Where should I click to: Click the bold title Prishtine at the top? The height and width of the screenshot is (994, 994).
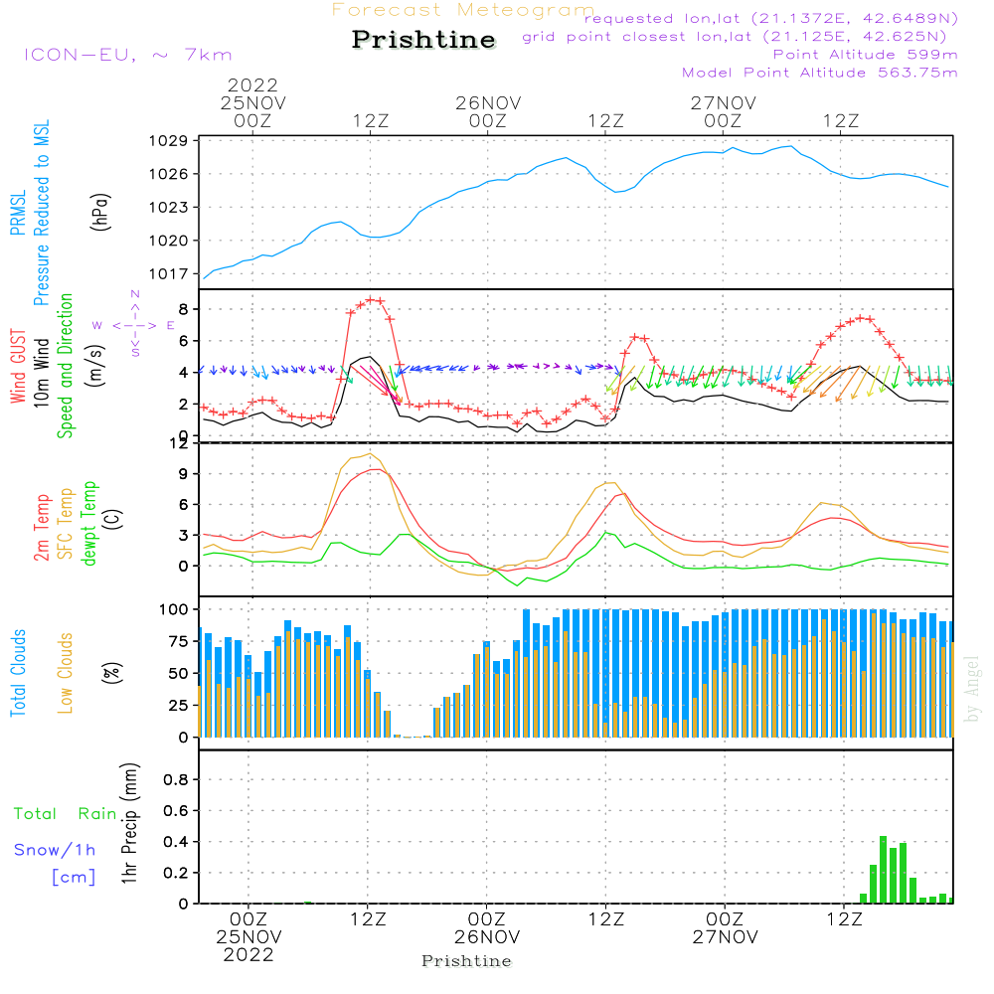point(423,40)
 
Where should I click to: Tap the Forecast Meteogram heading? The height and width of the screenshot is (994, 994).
point(463,10)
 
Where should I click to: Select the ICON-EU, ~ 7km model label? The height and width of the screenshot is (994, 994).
point(127,55)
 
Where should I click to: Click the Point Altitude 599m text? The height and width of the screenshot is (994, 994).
point(865,54)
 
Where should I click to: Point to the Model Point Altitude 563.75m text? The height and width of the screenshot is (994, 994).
point(820,73)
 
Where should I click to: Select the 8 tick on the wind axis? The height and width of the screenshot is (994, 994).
point(183,309)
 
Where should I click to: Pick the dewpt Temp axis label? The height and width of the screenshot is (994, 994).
point(90,523)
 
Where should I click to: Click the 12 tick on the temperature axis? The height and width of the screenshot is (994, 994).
point(179,443)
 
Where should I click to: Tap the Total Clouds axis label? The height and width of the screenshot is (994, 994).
point(18,673)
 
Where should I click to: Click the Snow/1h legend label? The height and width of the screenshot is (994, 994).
point(55,850)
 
